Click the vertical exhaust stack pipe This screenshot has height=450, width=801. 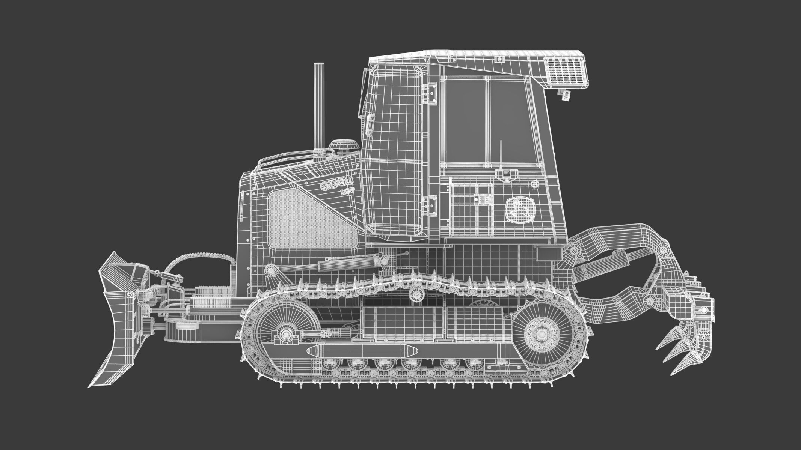click(x=319, y=105)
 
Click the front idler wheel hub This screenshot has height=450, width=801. click(x=286, y=323)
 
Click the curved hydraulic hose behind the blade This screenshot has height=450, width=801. click(x=195, y=255)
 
